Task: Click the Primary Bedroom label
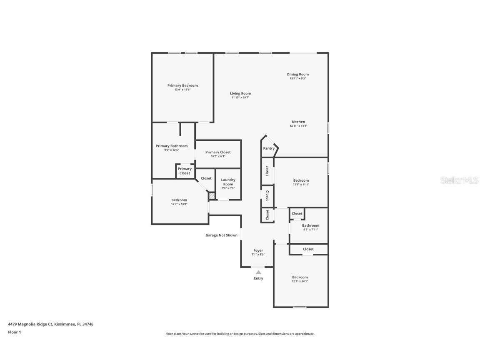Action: [182, 86]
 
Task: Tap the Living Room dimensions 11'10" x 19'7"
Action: [240, 97]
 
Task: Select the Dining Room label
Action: [298, 75]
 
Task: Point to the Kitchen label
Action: [298, 122]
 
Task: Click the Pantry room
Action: [269, 148]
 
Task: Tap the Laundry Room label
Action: [228, 182]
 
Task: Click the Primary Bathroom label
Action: [172, 146]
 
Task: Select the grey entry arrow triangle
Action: [258, 272]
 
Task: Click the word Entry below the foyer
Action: [258, 278]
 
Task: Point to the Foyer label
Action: [258, 251]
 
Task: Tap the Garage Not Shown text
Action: [221, 235]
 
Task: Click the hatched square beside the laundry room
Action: [212, 195]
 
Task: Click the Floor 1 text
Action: [14, 332]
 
